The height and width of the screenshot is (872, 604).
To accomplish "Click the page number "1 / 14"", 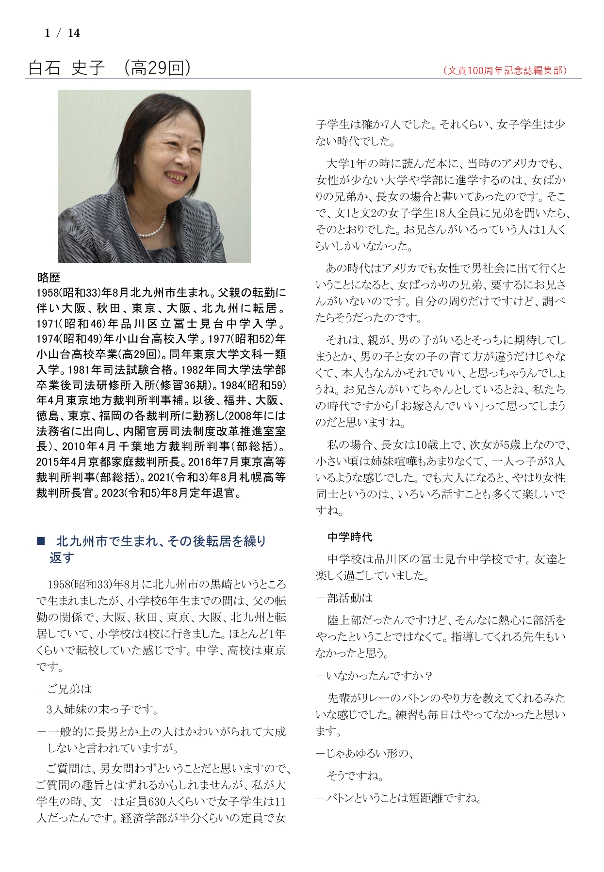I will [x=62, y=33].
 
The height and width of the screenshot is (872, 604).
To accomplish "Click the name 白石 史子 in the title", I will [x=66, y=68].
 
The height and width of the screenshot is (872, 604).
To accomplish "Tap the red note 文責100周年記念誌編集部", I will [x=505, y=70].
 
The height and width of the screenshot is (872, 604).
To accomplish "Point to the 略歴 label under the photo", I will [x=49, y=277].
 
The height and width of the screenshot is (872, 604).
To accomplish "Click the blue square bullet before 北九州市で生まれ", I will [x=41, y=541].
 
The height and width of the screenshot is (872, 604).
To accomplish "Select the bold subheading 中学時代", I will [x=350, y=537].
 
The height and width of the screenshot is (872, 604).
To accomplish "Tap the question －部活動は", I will [x=344, y=598].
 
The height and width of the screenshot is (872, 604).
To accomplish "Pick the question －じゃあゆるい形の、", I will [x=364, y=753].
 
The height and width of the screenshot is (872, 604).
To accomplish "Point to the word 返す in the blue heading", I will [x=62, y=557].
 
